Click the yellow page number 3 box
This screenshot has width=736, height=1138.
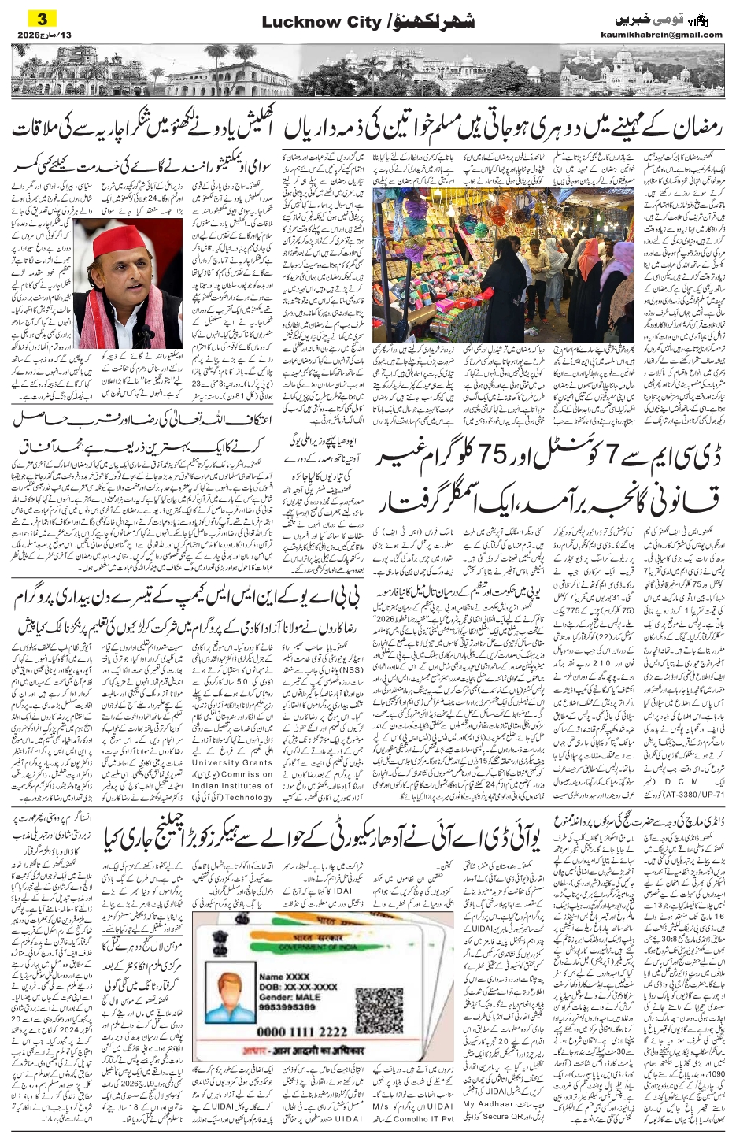click(x=40, y=17)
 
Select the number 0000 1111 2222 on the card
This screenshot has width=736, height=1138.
click(x=301, y=1031)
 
